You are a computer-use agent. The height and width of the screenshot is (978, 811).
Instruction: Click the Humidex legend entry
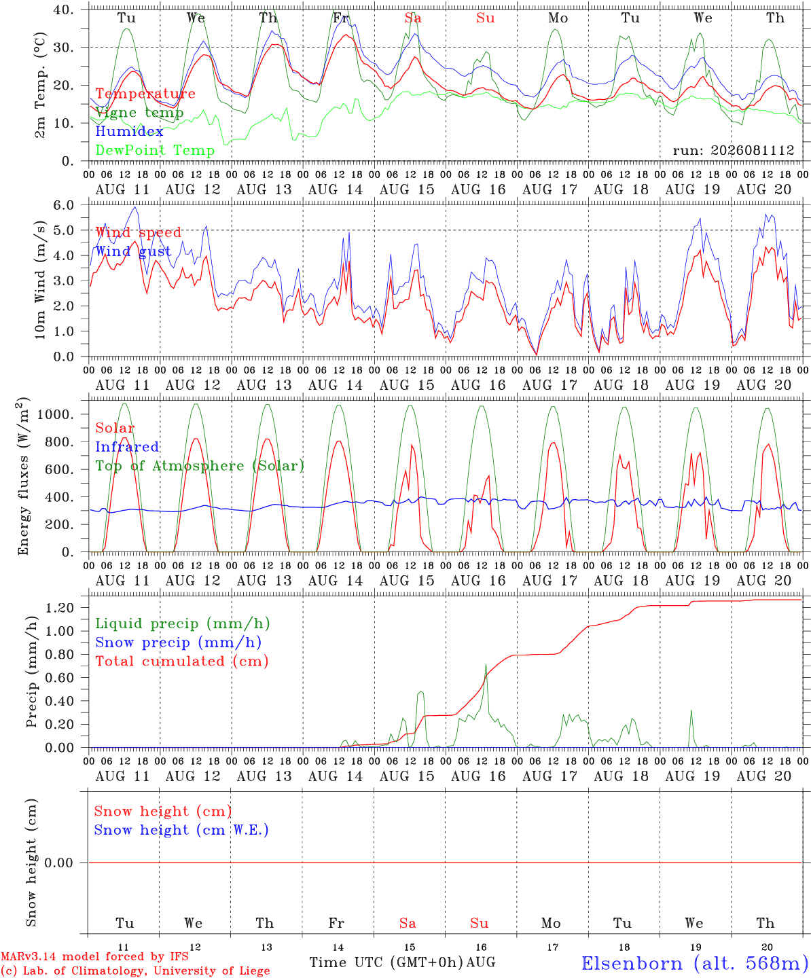coord(129,131)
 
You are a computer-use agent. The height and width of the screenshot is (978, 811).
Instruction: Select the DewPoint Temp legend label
coord(155,150)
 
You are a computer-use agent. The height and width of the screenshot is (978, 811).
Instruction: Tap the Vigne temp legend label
coord(140,113)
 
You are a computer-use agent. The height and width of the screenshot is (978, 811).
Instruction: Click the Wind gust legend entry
coord(134,251)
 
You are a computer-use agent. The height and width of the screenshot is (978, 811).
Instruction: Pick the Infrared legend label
coord(127,446)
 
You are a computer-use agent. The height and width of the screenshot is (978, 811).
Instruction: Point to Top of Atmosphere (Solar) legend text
coord(200,466)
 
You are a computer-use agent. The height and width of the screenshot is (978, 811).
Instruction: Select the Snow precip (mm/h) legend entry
coord(178,642)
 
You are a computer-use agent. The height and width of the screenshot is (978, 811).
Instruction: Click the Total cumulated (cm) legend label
coord(182,661)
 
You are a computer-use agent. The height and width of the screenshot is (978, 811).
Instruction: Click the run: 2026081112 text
coord(734,150)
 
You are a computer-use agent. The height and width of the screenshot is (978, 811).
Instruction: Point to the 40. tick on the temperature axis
coord(63,10)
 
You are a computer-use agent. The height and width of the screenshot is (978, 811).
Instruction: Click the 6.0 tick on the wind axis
coord(63,205)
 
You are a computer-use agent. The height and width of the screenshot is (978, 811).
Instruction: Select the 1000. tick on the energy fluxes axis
coord(56,414)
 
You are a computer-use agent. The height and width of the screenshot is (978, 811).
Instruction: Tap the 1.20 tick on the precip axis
coord(60,607)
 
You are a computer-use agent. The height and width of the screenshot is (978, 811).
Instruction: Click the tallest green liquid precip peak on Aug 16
coord(486,664)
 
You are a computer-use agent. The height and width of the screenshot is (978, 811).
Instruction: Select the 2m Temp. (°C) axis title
coord(40,85)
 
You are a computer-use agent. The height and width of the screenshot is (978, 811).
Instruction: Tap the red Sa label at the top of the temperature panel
coord(413,18)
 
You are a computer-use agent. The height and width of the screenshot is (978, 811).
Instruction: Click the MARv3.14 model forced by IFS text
coord(94,956)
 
